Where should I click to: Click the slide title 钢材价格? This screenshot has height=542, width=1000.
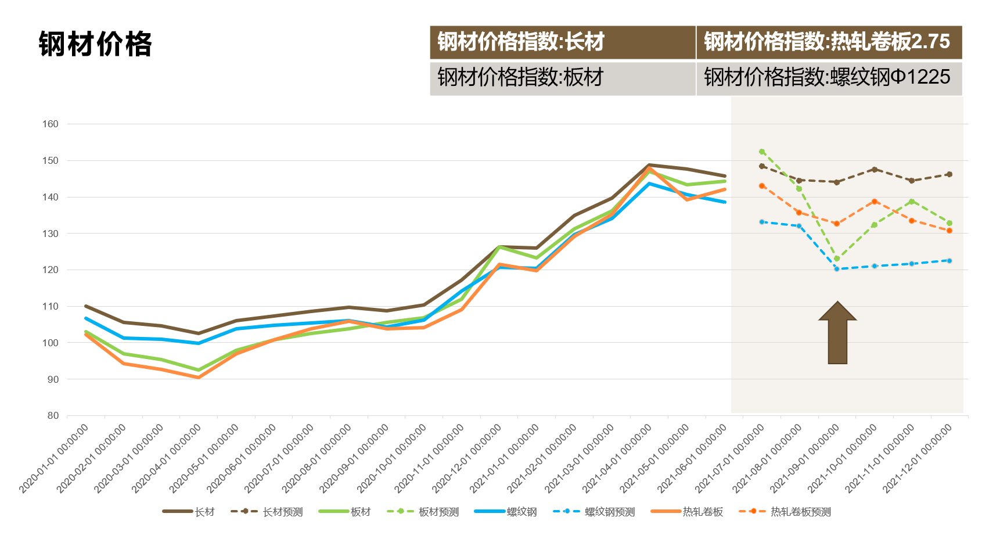click(95, 44)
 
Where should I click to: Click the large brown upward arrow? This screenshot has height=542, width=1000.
click(837, 333)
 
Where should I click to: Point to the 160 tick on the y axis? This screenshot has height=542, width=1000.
click(51, 124)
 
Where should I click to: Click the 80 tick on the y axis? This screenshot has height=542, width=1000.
click(53, 415)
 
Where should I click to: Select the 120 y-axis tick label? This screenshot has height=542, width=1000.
click(51, 270)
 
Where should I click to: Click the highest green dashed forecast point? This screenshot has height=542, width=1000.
click(762, 152)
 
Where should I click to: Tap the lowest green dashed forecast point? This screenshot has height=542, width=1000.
click(837, 259)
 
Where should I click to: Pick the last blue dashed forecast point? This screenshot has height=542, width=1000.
click(949, 261)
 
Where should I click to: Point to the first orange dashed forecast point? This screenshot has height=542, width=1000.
click(762, 186)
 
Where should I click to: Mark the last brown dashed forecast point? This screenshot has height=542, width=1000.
click(949, 174)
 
